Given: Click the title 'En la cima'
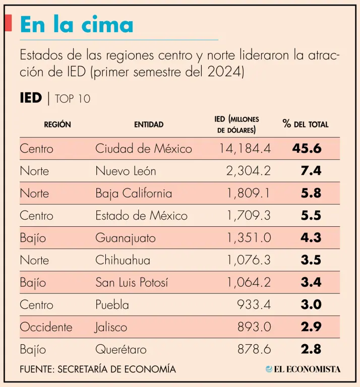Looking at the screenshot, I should (x=77, y=25).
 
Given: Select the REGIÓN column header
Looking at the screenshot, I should (x=57, y=124).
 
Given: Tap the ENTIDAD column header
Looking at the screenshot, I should (x=149, y=124).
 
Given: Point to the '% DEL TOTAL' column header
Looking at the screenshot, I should (x=306, y=124).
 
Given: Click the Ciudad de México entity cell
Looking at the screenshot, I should (x=144, y=149).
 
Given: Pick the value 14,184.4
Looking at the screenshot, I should (x=245, y=149).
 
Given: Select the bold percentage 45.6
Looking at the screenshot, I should (x=307, y=149).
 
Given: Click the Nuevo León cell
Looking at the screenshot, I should (x=126, y=171).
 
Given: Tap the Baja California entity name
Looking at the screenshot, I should (x=134, y=193).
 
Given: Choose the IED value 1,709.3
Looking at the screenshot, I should (x=249, y=216).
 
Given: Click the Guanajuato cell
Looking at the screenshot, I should (x=126, y=238).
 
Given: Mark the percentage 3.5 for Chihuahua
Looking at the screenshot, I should (x=311, y=260).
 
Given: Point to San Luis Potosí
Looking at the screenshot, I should (x=132, y=282).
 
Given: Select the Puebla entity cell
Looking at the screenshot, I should (x=112, y=305).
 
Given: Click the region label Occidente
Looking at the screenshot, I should (x=46, y=327).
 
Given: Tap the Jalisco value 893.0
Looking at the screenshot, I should (x=254, y=327).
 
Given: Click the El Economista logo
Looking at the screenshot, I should (x=303, y=369).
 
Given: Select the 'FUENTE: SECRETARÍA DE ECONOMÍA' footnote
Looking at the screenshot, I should (x=98, y=369).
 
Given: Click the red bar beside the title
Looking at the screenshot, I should (x=8, y=23).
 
